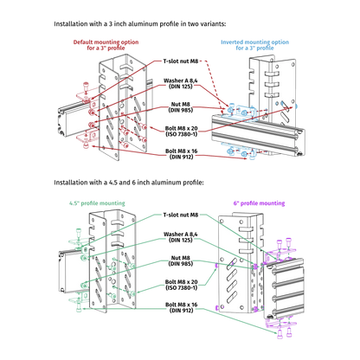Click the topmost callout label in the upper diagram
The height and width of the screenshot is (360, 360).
click(x=181, y=61)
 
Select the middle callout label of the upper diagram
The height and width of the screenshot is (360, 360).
click(x=181, y=107)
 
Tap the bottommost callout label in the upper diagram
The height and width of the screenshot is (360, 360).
click(x=181, y=154)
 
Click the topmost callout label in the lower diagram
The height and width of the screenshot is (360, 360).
click(x=181, y=215)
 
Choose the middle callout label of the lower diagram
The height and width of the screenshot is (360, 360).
click(x=181, y=260)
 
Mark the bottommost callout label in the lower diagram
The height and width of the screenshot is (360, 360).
click(x=181, y=306)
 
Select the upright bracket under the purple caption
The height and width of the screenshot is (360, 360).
click(x=238, y=264)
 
